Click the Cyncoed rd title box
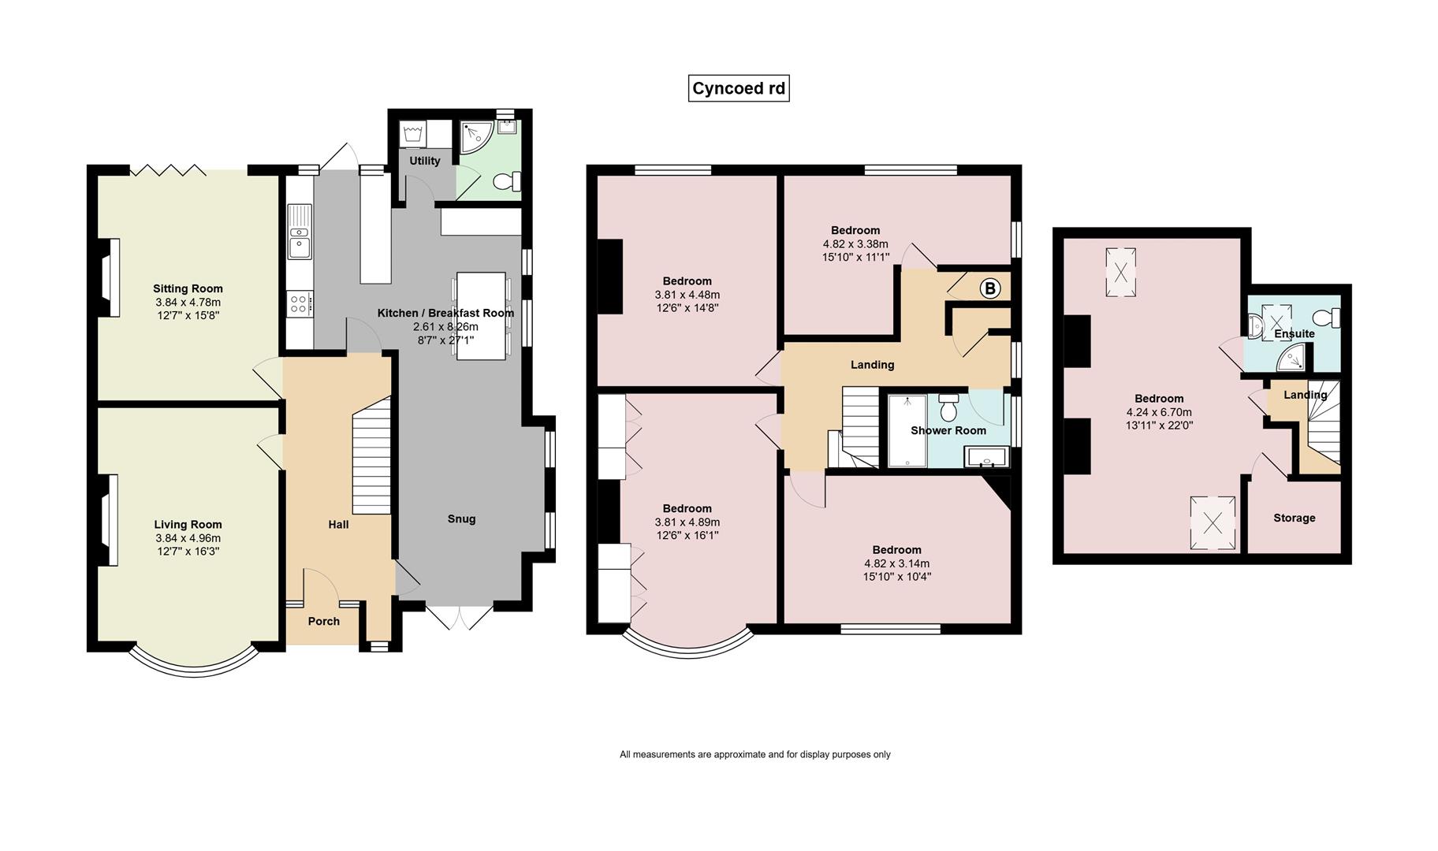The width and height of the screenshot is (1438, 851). pyautogui.click(x=739, y=88)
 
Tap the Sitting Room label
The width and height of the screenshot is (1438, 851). pyautogui.click(x=188, y=288)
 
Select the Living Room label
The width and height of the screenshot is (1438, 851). pyautogui.click(x=188, y=525)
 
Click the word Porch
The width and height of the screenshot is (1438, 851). pyautogui.click(x=324, y=621)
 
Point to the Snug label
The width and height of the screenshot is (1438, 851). pyautogui.click(x=461, y=518)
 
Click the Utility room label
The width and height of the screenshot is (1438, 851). pyautogui.click(x=425, y=161)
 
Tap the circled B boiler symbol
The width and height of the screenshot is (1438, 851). pyautogui.click(x=990, y=288)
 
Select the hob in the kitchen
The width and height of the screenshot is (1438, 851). pyautogui.click(x=300, y=303)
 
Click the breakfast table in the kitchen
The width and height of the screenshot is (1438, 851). pyautogui.click(x=481, y=316)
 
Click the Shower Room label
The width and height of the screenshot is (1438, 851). pyautogui.click(x=948, y=430)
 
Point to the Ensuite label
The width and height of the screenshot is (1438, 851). pyautogui.click(x=1295, y=333)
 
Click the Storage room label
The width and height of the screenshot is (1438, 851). pyautogui.click(x=1295, y=518)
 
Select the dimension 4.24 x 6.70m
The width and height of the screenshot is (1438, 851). pyautogui.click(x=1159, y=412)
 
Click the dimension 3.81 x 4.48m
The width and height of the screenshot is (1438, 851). pyautogui.click(x=687, y=295)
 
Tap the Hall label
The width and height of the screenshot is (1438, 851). pyautogui.click(x=338, y=524)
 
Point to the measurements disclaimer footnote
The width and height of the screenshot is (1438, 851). pyautogui.click(x=755, y=754)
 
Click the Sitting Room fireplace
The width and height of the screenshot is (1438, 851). pyautogui.click(x=110, y=277)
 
